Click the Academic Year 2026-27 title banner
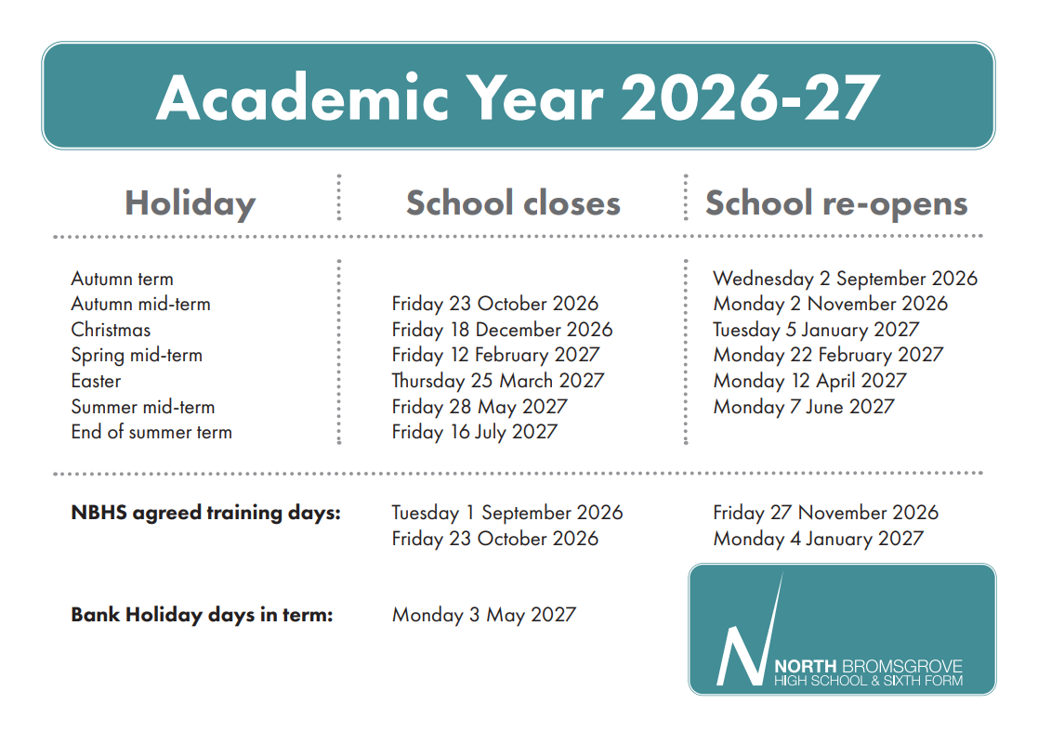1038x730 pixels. click(x=518, y=96)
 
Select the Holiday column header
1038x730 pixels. click(x=190, y=203)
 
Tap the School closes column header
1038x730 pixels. click(x=513, y=203)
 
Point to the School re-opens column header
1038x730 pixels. click(x=836, y=203)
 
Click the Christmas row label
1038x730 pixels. click(x=111, y=330)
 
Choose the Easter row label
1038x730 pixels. click(x=96, y=381)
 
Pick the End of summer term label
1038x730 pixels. click(x=151, y=432)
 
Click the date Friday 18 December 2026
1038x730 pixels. click(x=502, y=330)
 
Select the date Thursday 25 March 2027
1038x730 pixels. click(x=497, y=381)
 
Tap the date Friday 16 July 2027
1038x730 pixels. click(x=474, y=432)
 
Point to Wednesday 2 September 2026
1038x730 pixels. click(x=845, y=279)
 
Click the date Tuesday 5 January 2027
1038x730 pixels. click(x=816, y=330)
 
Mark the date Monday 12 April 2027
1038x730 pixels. click(x=809, y=381)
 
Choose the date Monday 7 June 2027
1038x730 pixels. click(x=804, y=407)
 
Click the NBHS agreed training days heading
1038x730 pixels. click(x=205, y=513)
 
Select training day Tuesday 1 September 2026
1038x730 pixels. click(x=506, y=513)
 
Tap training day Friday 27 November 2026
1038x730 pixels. click(x=825, y=513)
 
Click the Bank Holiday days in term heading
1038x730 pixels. click(x=202, y=615)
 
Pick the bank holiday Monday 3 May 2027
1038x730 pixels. click(x=483, y=615)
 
